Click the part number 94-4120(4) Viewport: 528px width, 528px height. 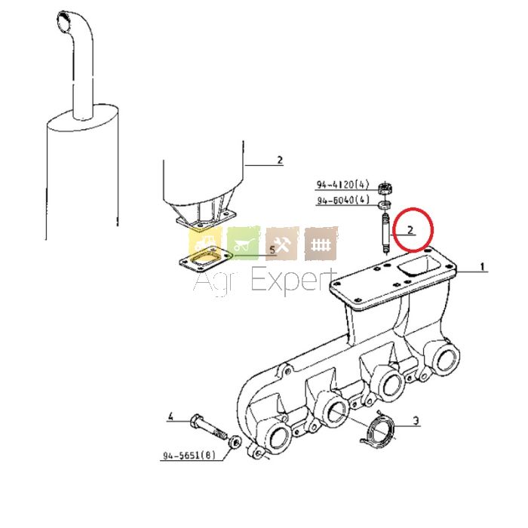(342, 184)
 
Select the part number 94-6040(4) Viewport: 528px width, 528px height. (342, 200)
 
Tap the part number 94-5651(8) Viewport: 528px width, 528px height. (189, 456)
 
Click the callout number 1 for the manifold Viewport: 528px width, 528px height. (483, 267)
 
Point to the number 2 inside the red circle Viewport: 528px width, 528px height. (410, 230)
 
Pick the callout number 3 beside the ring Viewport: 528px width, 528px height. (416, 421)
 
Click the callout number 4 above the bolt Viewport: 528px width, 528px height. (170, 416)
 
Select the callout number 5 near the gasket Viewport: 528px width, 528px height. (272, 250)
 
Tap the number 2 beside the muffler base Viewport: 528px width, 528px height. (280, 160)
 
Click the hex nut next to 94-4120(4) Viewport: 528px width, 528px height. (385, 189)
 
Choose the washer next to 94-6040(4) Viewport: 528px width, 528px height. (385, 204)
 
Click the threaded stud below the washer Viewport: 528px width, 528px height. (385, 233)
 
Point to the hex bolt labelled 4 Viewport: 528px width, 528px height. (207, 428)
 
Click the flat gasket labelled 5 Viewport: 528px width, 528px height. (204, 258)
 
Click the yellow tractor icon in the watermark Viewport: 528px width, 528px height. (206, 242)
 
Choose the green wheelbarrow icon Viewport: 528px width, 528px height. (244, 243)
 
